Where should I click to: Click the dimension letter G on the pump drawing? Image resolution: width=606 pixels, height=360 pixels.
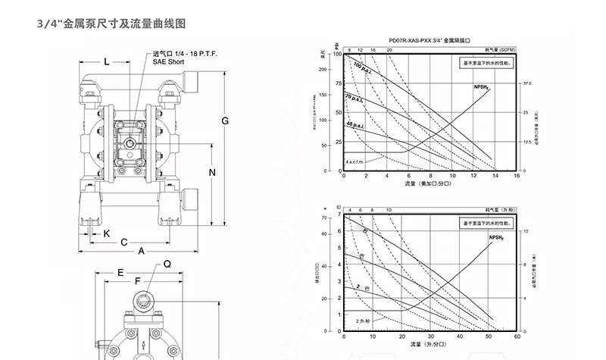coord(225,122)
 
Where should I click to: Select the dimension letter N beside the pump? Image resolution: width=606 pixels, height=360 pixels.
coord(212,172)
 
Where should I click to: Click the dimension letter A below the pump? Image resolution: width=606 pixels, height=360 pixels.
coord(141,251)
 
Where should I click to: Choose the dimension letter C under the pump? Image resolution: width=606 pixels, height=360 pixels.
coord(123,242)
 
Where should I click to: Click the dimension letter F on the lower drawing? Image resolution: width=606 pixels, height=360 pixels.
coord(137,282)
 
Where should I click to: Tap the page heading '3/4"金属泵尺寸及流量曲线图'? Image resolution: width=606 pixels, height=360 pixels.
coord(111,25)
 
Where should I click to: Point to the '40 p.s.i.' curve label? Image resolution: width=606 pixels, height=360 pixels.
coord(355,123)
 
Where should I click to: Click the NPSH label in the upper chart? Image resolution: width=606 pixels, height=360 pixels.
coord(481,88)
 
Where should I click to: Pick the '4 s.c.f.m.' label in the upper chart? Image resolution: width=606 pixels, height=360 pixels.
coord(357,162)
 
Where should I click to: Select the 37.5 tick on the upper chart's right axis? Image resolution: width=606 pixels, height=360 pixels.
coord(527,83)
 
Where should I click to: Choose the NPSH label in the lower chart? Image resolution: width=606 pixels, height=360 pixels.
coord(497,237)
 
